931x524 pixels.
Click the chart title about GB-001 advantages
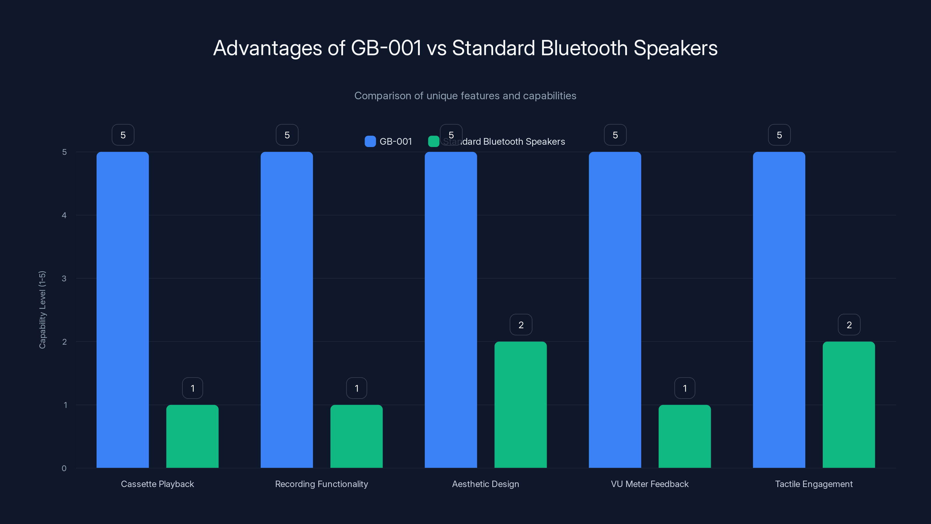pos(465,48)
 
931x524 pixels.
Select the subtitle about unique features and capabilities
pos(465,96)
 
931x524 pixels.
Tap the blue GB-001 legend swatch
pos(370,141)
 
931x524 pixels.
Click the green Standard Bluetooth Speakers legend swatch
pos(433,141)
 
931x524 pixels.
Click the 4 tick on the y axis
pos(64,215)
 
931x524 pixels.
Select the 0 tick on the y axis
pos(64,468)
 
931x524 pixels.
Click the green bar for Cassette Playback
pos(192,436)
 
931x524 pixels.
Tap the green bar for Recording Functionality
pos(356,436)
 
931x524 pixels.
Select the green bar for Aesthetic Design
pos(520,405)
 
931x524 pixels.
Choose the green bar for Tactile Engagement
pos(849,405)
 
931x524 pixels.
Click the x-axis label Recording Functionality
pos(321,484)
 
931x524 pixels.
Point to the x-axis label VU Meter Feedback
pos(649,484)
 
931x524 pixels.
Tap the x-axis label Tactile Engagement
pos(813,484)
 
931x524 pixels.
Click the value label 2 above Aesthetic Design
pos(521,325)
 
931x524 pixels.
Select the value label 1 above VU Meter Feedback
pos(685,388)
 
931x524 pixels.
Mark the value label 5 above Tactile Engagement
pos(779,135)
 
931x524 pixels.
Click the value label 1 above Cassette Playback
pos(192,388)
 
